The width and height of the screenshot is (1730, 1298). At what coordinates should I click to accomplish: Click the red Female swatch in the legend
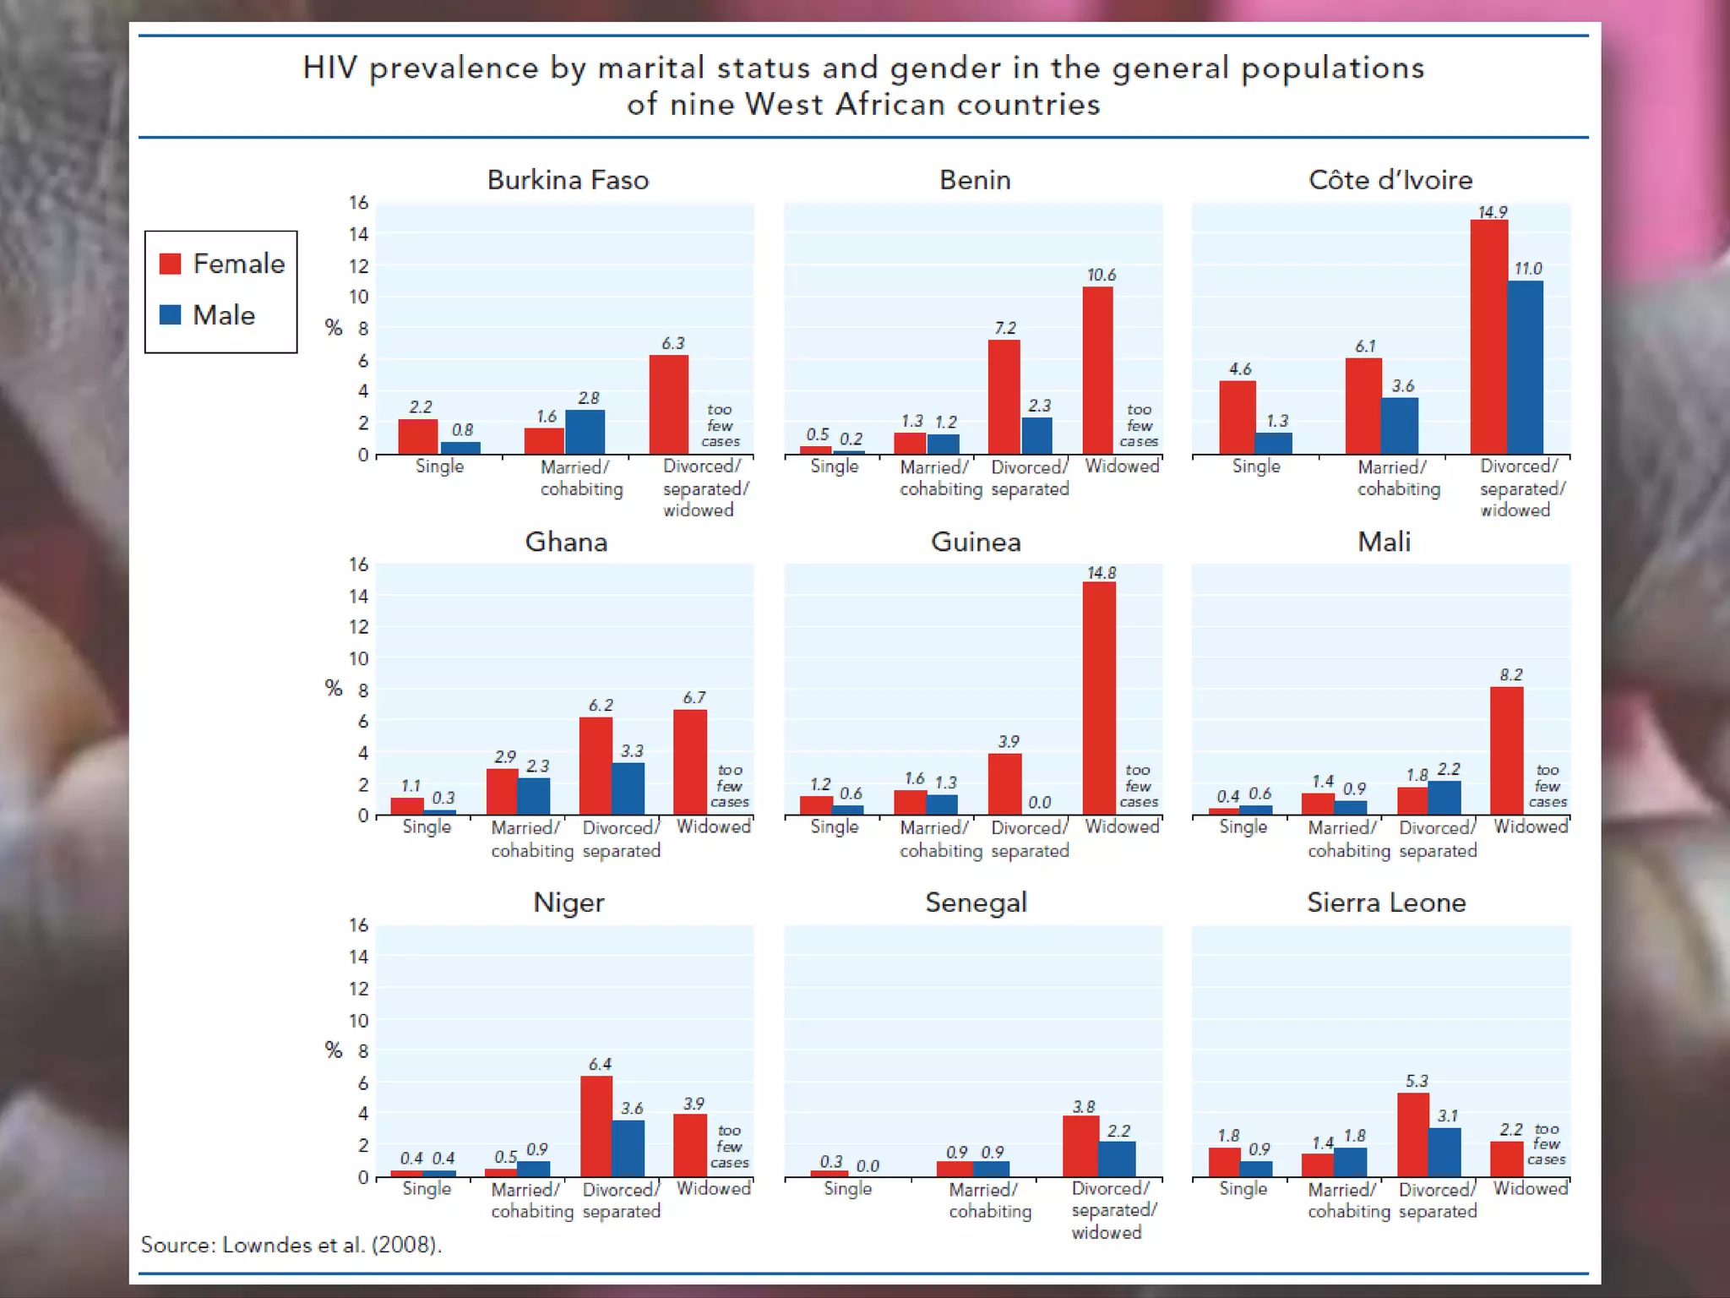click(171, 264)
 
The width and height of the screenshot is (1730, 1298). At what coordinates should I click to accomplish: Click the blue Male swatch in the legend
click(171, 314)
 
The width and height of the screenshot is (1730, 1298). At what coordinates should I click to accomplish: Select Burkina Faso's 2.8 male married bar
click(585, 432)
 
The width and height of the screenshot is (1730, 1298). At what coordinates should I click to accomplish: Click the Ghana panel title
click(566, 542)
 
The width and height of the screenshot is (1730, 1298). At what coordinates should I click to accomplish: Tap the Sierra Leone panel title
click(1386, 903)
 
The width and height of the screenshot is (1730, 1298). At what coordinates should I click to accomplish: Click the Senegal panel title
click(976, 903)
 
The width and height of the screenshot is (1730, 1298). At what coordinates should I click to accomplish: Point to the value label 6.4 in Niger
click(600, 1064)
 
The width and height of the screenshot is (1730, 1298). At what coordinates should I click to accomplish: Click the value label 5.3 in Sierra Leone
click(1417, 1081)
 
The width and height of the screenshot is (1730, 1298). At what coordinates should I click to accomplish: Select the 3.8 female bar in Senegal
click(1080, 1146)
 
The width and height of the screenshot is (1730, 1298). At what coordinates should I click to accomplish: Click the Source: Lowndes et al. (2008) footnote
click(291, 1245)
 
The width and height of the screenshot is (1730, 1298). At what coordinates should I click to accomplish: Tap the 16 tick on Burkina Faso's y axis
click(359, 203)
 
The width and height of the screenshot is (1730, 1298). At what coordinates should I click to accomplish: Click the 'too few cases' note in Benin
click(1139, 425)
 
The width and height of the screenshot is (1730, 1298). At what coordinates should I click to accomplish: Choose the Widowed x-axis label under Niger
click(713, 1188)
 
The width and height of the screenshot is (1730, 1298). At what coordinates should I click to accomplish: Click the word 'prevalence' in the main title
click(454, 68)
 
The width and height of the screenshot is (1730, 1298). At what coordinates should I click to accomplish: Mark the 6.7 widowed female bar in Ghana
click(690, 762)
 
